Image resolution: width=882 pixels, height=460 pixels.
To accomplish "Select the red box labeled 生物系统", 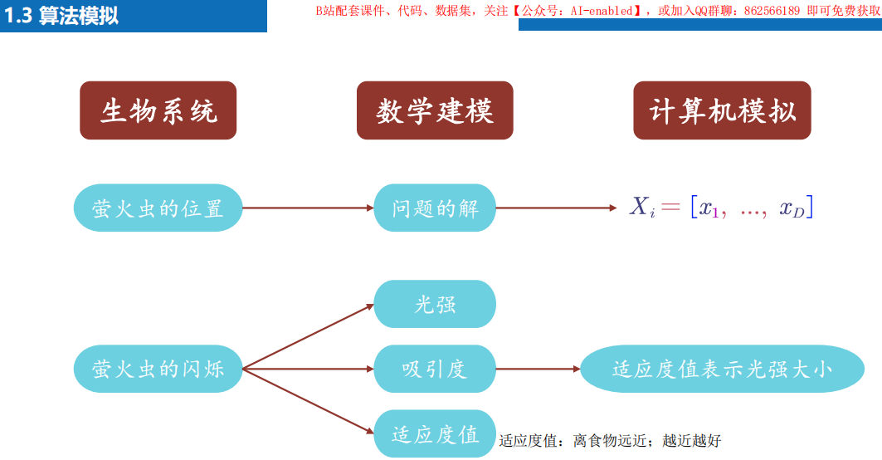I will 158,110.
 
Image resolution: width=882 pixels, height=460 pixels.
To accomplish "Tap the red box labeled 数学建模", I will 435,110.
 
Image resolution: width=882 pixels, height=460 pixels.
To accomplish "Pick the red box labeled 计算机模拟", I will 722,110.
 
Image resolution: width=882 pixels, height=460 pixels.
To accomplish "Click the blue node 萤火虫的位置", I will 158,208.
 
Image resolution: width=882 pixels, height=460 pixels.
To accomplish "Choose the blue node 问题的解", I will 435,208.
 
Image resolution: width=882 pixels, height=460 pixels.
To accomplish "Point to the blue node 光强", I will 435,304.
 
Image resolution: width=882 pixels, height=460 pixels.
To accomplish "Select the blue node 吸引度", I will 435,369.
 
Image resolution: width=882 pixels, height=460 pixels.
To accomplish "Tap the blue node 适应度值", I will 435,433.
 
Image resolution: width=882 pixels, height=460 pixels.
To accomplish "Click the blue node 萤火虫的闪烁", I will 158,369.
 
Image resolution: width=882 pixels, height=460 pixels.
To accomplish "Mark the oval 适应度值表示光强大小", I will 722,369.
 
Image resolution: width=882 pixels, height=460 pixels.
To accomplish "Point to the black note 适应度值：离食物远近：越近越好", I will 610,441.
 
